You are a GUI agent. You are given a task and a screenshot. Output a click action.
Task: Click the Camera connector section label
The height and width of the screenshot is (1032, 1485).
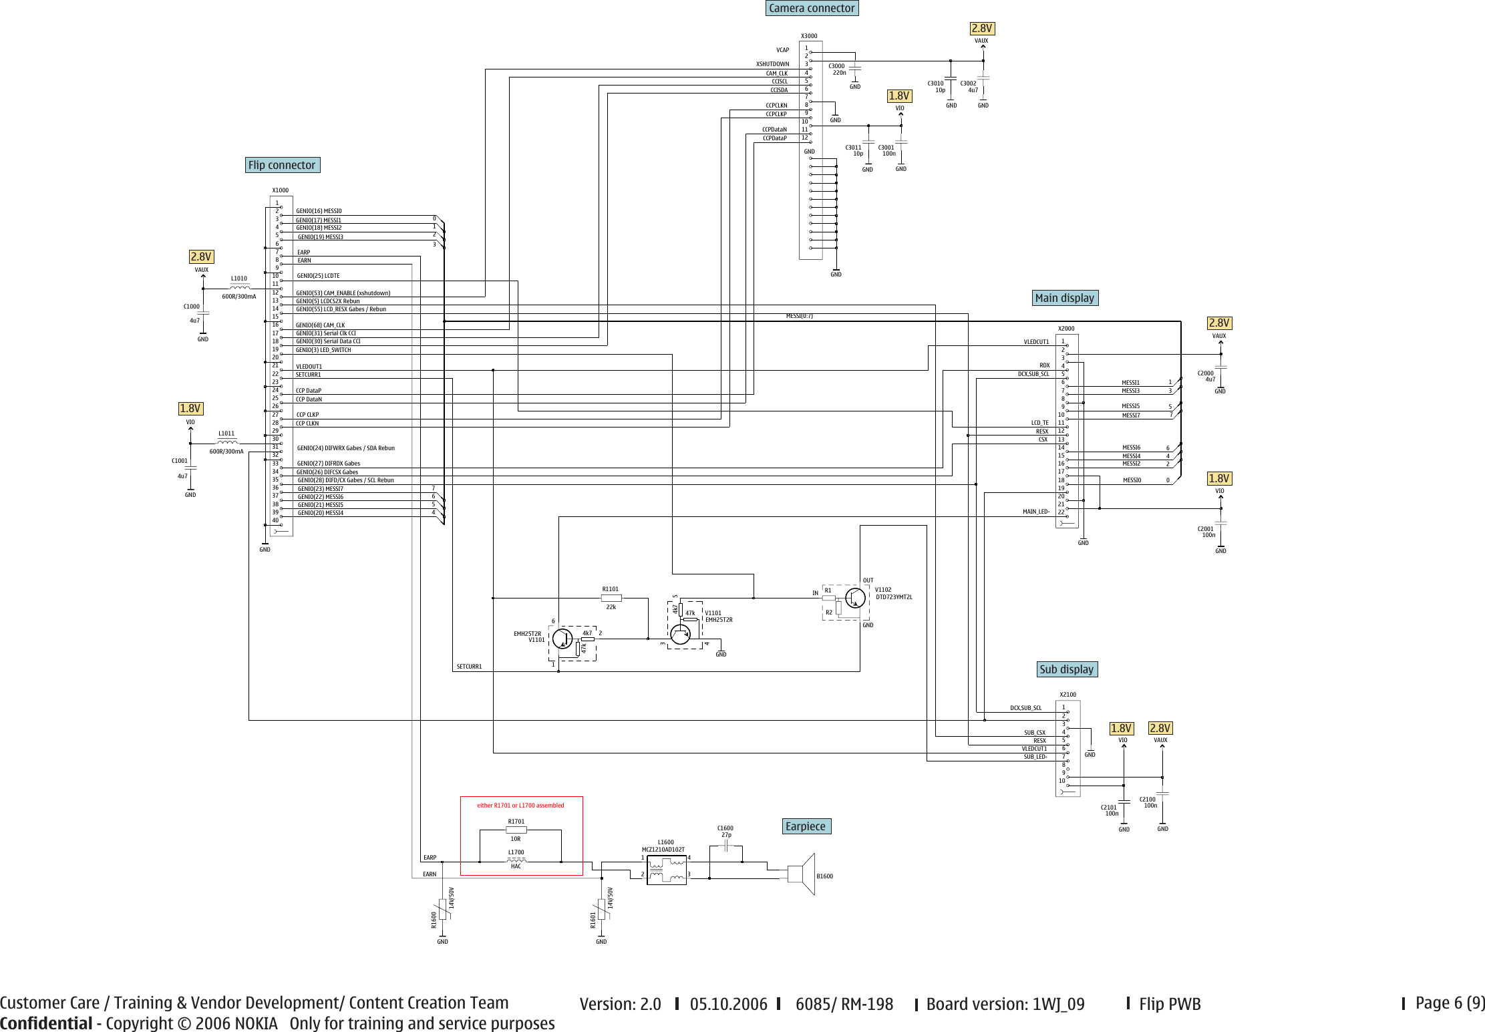pos(811,8)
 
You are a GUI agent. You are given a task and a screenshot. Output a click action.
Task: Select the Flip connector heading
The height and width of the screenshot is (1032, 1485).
pos(282,165)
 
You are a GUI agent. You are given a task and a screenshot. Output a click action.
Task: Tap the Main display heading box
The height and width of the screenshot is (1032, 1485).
pos(1064,298)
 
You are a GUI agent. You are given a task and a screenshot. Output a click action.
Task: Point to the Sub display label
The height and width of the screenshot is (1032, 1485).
pos(1066,669)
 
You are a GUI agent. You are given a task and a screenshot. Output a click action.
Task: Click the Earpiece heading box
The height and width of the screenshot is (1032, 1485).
pos(806,826)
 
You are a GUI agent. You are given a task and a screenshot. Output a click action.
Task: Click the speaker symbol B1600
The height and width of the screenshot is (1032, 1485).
pos(802,874)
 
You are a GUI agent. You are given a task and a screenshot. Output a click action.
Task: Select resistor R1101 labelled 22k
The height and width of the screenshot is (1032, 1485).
pos(611,598)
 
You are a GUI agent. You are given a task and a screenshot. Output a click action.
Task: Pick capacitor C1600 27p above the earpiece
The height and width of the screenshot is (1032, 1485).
pos(726,846)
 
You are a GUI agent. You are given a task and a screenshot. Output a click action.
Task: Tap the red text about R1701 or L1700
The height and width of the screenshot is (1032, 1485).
pos(520,806)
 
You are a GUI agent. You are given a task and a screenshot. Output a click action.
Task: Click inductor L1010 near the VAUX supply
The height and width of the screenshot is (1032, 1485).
pos(239,287)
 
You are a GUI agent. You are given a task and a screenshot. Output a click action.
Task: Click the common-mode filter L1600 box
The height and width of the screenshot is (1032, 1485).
pos(666,870)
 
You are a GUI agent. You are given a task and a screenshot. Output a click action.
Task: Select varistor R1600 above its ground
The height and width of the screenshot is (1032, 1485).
pos(442,910)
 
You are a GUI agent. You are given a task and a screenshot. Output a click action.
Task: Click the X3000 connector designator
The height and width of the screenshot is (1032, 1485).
pos(809,36)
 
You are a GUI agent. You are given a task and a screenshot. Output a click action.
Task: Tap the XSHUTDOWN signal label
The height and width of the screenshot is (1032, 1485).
pos(772,64)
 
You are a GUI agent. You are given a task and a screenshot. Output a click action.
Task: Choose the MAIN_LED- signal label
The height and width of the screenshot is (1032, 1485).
pos(1035,512)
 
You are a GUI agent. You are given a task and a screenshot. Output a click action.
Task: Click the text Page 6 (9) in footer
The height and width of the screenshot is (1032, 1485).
pos(1450,1003)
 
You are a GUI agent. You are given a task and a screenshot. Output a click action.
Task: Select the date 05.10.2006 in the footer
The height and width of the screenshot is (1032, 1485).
pos(728,1004)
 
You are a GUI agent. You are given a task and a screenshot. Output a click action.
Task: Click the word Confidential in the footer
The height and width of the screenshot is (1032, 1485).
pos(46,1023)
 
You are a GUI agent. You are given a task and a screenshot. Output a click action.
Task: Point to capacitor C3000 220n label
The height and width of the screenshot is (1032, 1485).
pos(838,69)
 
